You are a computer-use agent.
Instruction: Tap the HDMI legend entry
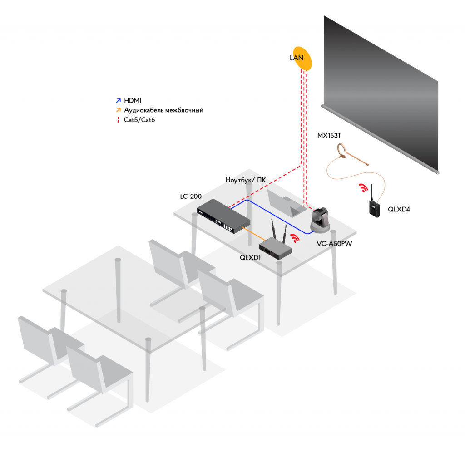pyautogui.click(x=133, y=100)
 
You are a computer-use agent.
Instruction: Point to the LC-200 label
pyautogui.click(x=190, y=197)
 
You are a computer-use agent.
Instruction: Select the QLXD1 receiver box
pyautogui.click(x=275, y=249)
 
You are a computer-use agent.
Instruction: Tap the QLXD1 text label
pyautogui.click(x=251, y=257)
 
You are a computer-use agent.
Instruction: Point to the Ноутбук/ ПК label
pyautogui.click(x=246, y=180)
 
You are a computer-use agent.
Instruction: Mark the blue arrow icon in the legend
pyautogui.click(x=119, y=100)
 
